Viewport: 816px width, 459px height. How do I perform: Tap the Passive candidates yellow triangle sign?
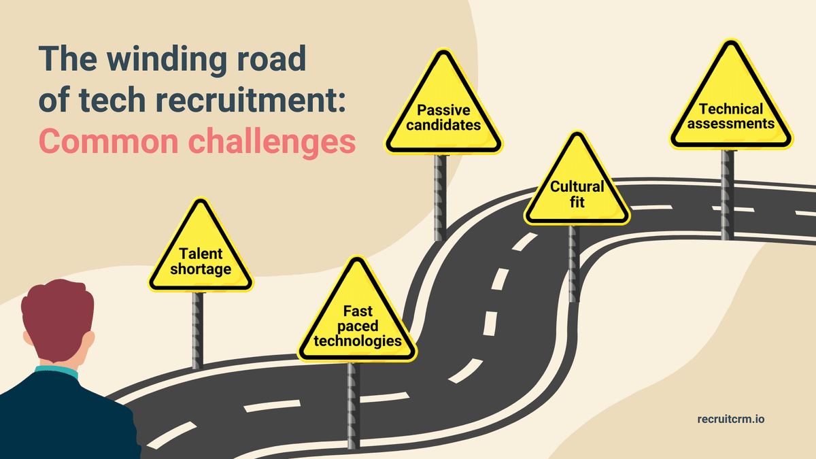point(443,112)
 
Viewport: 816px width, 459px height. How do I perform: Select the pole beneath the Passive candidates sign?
point(441,197)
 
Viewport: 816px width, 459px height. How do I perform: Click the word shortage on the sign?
point(201,269)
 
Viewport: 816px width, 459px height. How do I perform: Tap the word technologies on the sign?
point(357,340)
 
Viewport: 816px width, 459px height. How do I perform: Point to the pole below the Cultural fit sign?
point(575,258)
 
